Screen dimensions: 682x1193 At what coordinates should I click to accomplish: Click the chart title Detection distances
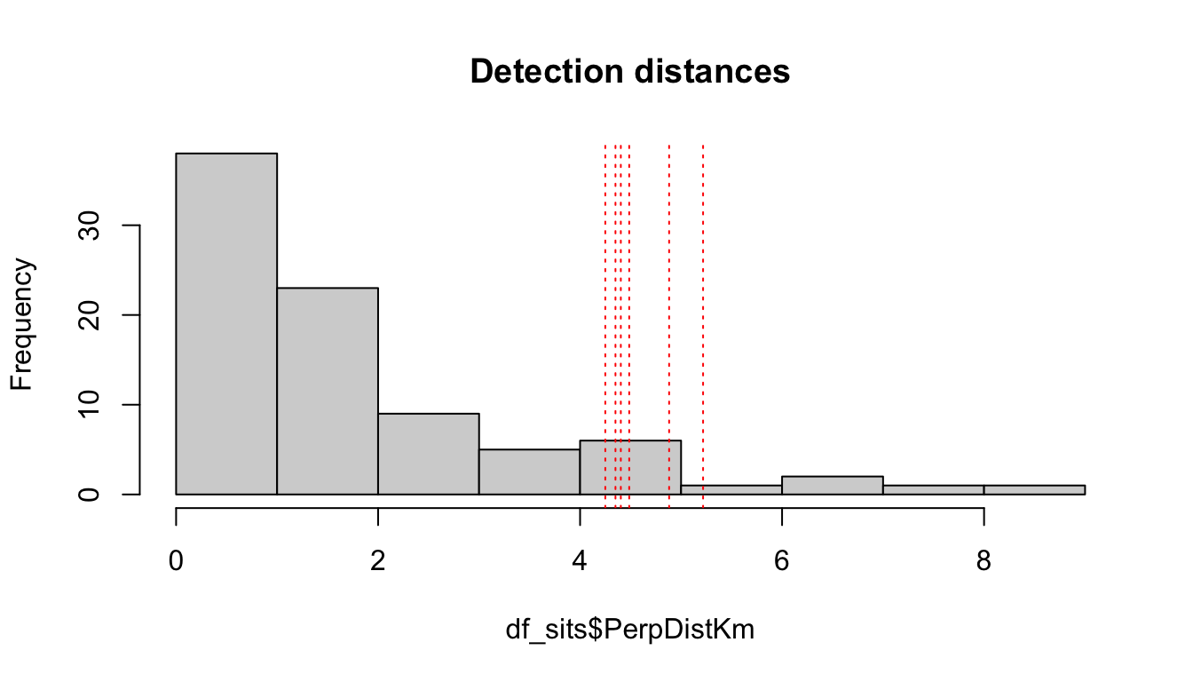click(630, 71)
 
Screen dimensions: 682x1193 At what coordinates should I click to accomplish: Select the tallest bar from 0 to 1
click(226, 323)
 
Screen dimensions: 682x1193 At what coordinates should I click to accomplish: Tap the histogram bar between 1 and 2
click(328, 391)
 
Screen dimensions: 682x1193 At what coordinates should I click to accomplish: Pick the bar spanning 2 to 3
click(429, 453)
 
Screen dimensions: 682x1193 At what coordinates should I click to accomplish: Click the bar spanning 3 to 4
click(529, 472)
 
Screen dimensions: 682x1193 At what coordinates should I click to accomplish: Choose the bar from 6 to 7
click(833, 485)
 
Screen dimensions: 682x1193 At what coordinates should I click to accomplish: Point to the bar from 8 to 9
click(1034, 489)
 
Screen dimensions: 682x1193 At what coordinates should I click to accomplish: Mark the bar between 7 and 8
click(933, 489)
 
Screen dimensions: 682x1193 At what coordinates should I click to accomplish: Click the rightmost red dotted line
click(703, 266)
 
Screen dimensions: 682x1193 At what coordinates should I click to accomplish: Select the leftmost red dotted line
click(605, 266)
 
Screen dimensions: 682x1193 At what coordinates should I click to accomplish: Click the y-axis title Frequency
click(22, 324)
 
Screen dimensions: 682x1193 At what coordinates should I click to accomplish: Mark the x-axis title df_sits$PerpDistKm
click(630, 630)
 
